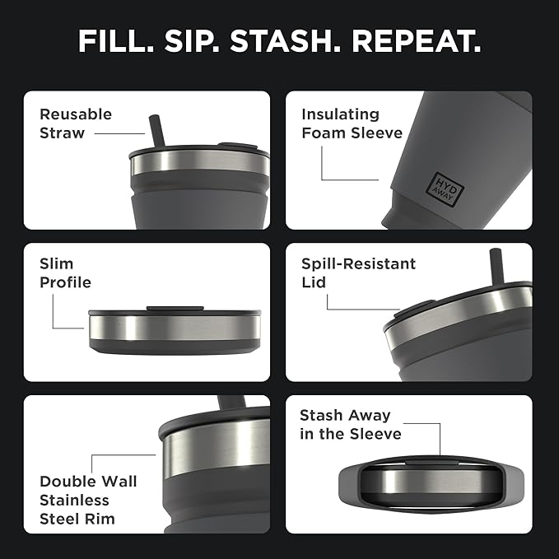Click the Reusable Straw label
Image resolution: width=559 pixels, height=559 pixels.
point(76,123)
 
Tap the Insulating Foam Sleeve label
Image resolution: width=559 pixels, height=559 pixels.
point(352,123)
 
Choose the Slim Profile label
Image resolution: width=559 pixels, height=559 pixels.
point(65,273)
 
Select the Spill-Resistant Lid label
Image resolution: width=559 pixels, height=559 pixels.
point(358,273)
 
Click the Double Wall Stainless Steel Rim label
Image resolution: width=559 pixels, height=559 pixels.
point(88,500)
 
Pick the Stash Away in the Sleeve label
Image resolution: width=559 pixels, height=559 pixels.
point(350,425)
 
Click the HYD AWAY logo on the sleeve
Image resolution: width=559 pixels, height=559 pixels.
point(445,185)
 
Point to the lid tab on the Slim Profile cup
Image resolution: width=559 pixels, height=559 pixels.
point(175,309)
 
